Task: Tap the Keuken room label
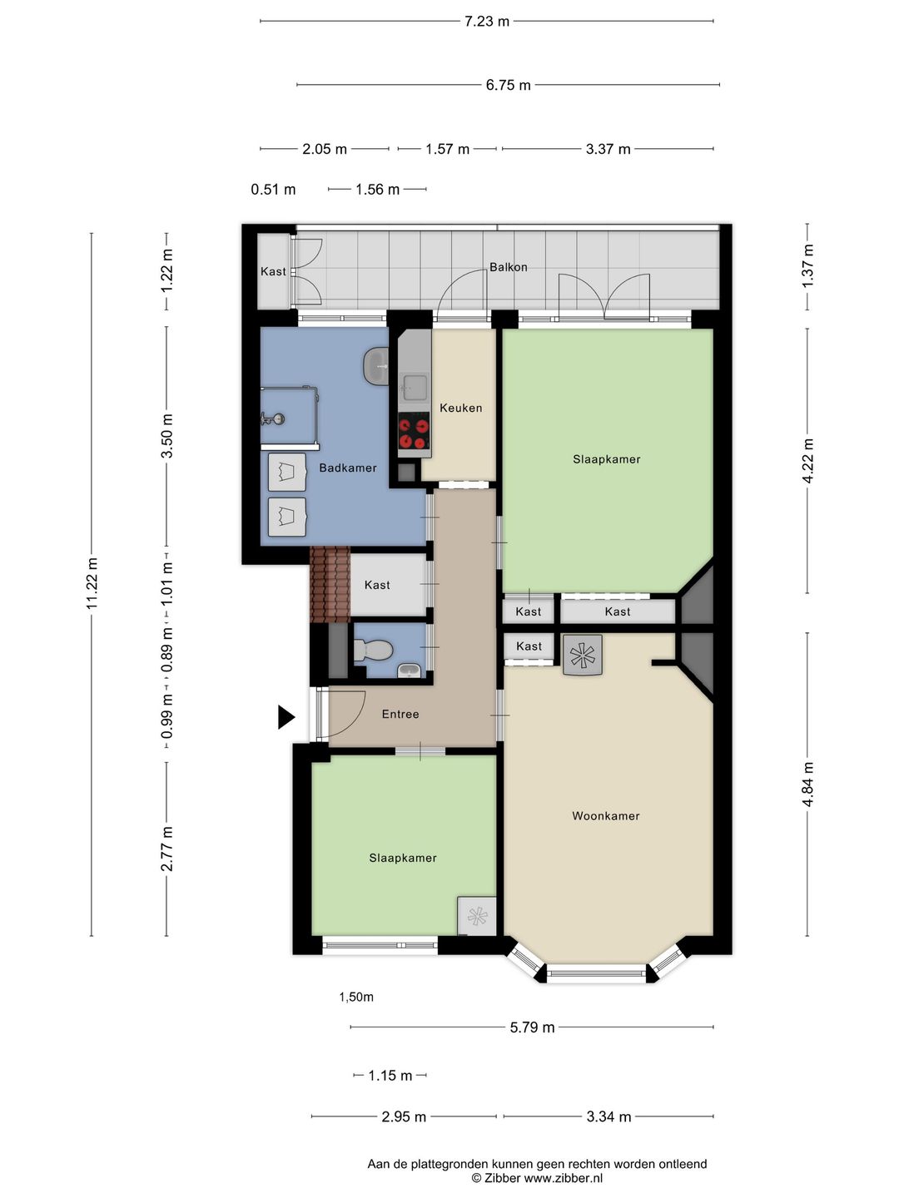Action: [x=460, y=408]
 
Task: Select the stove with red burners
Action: [x=414, y=431]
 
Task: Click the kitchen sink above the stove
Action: [x=414, y=386]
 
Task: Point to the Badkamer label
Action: [x=347, y=468]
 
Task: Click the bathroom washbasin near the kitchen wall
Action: [x=376, y=365]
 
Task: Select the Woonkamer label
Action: [x=605, y=816]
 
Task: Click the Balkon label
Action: [x=508, y=267]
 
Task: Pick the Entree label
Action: [x=400, y=714]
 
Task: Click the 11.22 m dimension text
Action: [x=92, y=583]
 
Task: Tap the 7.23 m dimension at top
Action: [x=486, y=22]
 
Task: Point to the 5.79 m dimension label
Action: [x=532, y=1027]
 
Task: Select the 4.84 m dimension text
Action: [x=807, y=784]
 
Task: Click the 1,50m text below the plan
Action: [x=356, y=997]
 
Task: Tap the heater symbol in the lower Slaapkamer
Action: [x=477, y=916]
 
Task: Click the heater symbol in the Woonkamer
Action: [x=583, y=655]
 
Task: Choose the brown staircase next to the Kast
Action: [x=330, y=584]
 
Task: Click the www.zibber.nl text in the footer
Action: [x=564, y=1178]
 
